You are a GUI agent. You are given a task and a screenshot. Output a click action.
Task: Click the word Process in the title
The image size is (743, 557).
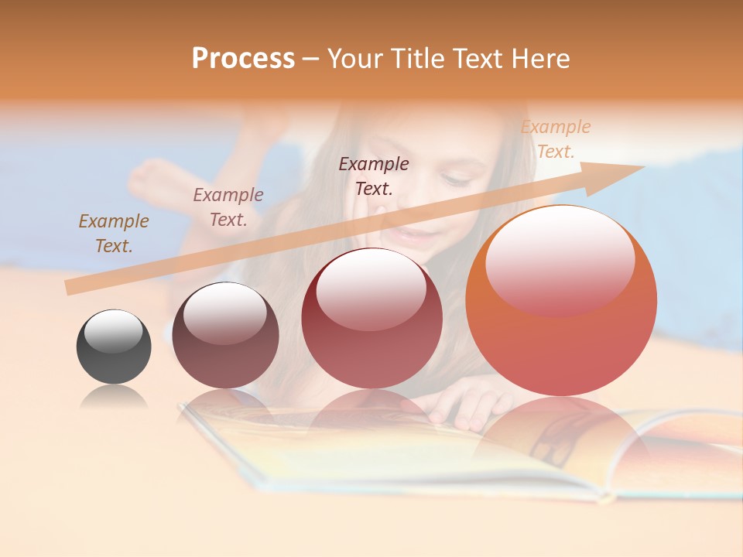click(x=243, y=59)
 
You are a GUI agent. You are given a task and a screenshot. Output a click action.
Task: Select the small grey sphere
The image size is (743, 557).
click(x=114, y=347)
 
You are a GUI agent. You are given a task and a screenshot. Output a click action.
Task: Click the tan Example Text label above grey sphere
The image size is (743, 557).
click(x=113, y=233)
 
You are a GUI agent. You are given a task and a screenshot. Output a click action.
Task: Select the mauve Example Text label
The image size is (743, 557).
click(x=228, y=207)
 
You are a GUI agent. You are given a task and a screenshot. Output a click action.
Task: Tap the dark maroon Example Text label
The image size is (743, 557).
click(x=373, y=176)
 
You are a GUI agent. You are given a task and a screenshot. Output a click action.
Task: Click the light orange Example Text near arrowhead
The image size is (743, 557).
click(x=555, y=139)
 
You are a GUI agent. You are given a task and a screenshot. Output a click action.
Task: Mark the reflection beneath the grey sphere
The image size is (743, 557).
click(x=113, y=398)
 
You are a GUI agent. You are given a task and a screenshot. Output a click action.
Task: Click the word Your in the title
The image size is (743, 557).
click(x=356, y=59)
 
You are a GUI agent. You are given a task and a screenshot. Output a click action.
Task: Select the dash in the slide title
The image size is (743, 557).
click(x=310, y=59)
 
